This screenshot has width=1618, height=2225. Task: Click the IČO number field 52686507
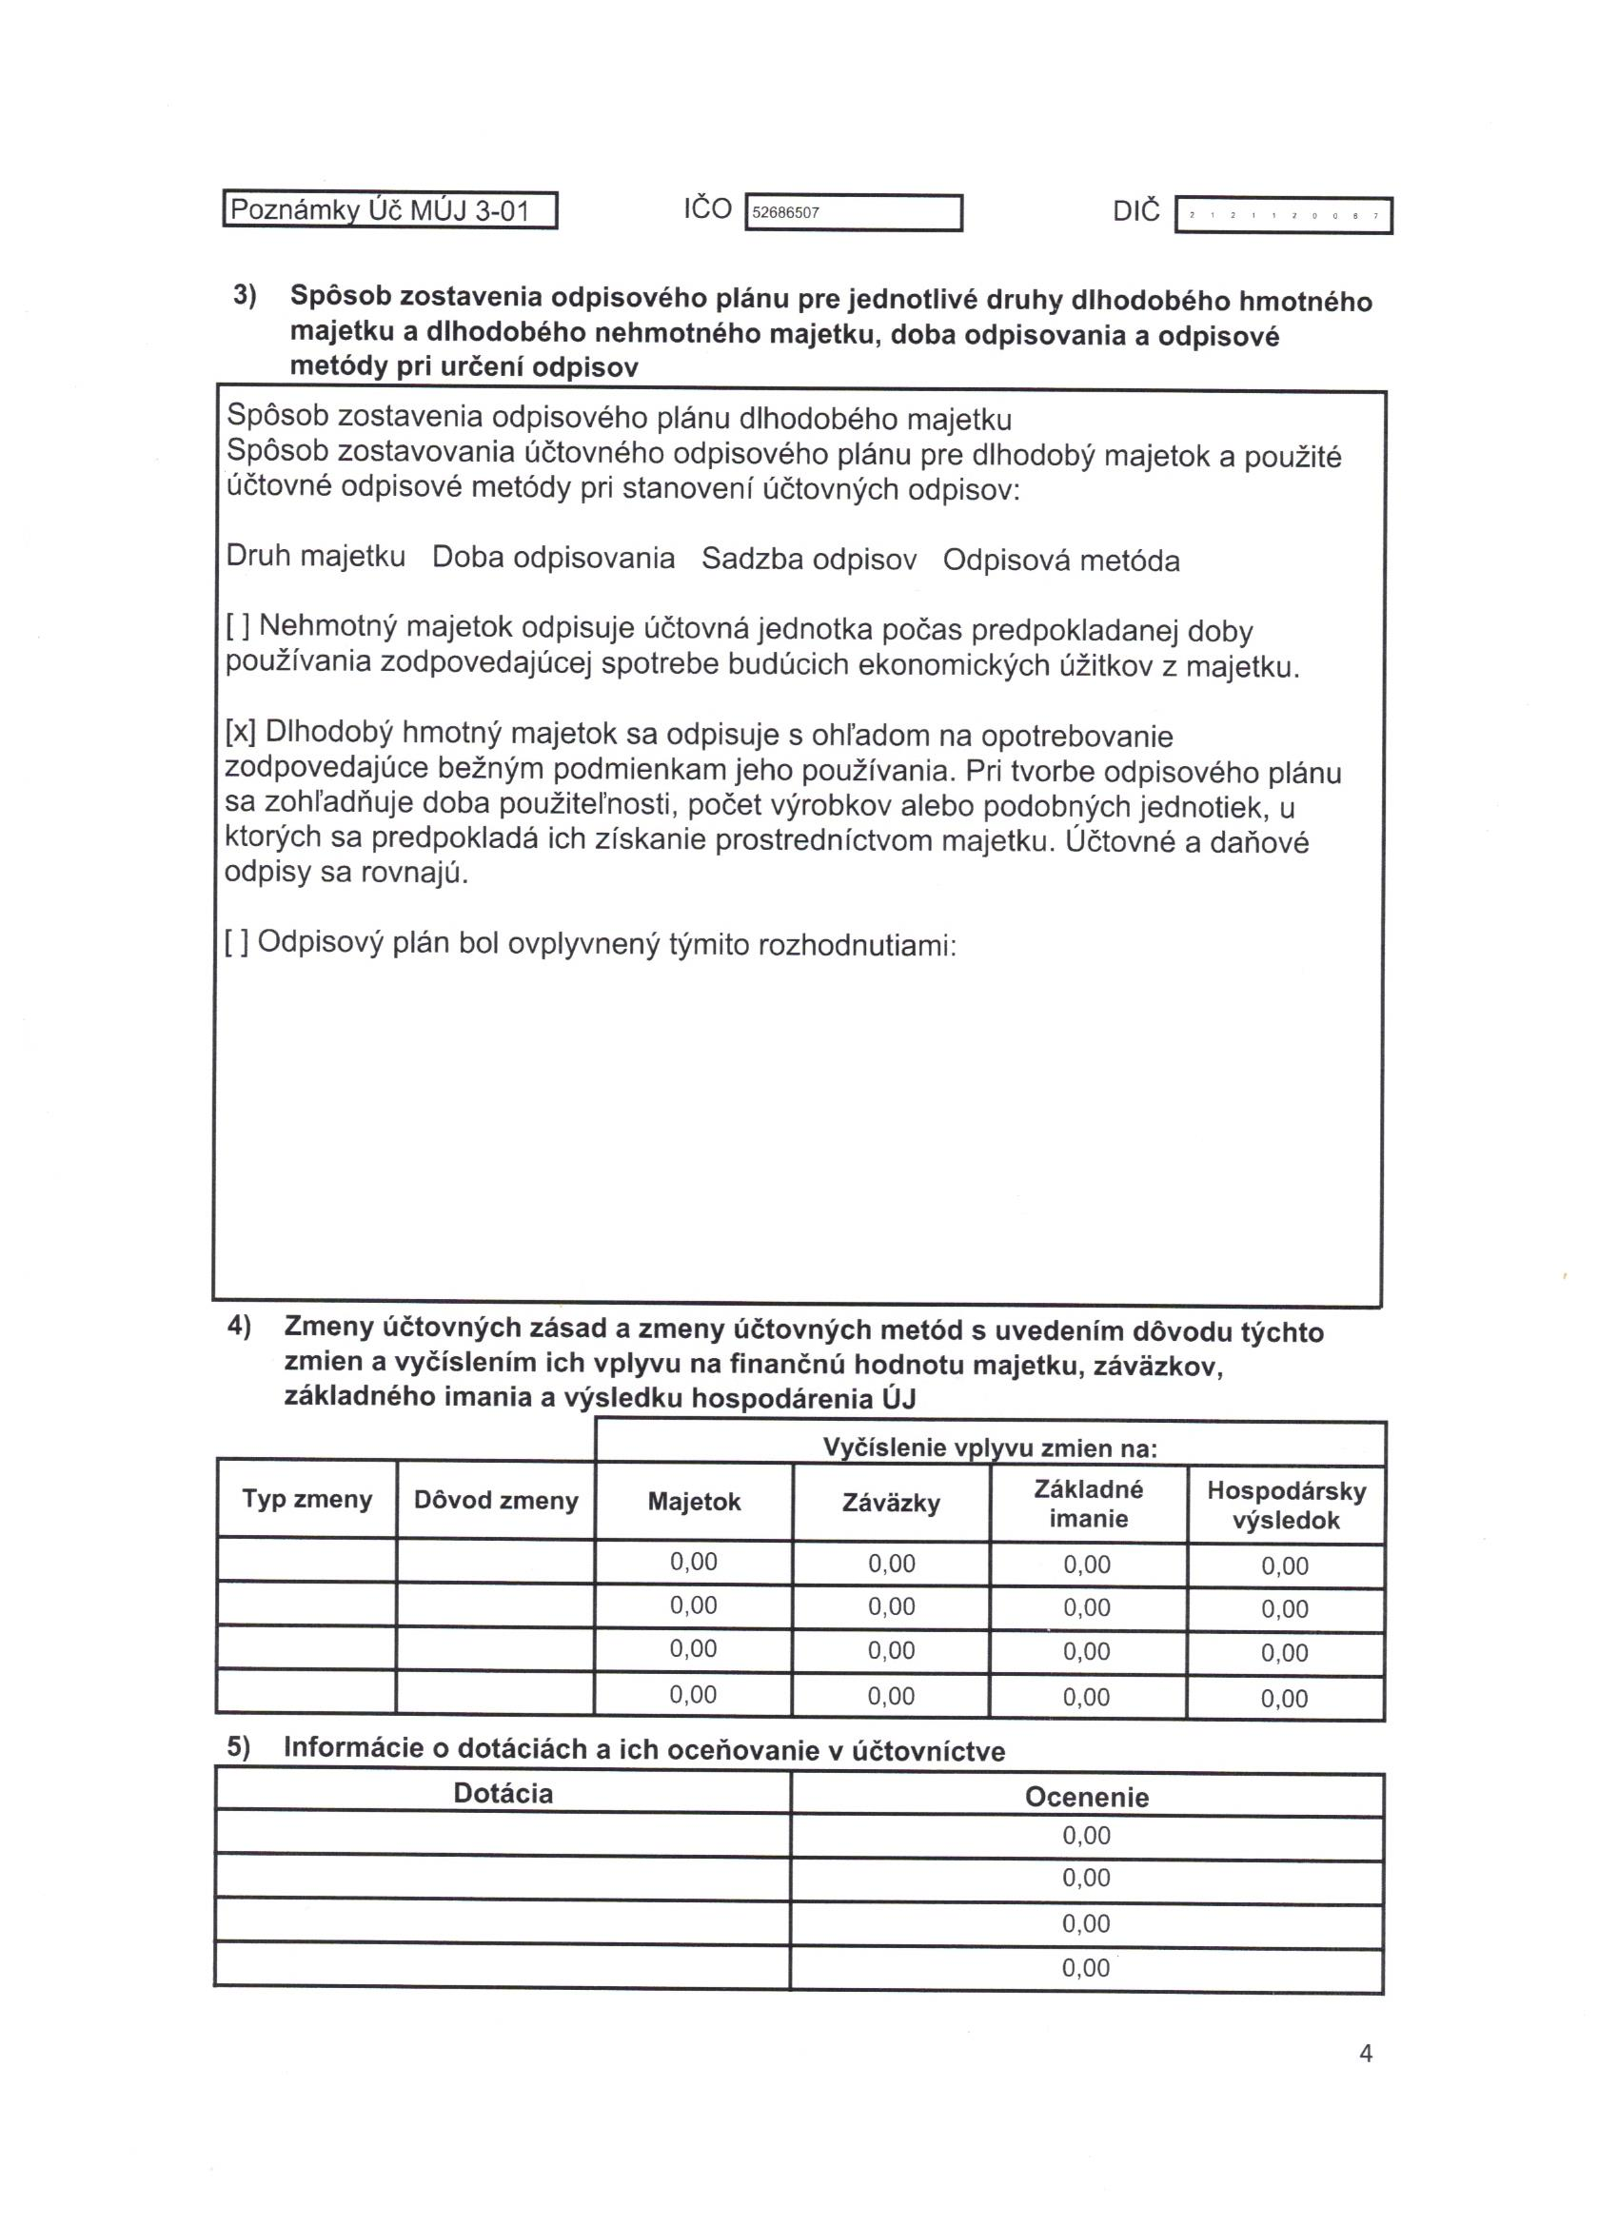(x=853, y=213)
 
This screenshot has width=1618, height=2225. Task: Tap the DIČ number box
(x=1282, y=215)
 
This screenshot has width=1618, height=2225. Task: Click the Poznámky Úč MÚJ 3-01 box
(x=389, y=210)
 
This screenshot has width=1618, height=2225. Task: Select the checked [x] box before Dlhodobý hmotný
(x=241, y=731)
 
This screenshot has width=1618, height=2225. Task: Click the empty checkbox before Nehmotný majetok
(x=239, y=625)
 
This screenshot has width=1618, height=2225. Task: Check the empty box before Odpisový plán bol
(x=236, y=942)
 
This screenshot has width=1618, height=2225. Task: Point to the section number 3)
(x=245, y=295)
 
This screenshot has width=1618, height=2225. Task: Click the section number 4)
(x=240, y=1327)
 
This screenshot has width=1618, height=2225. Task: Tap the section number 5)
(x=240, y=1746)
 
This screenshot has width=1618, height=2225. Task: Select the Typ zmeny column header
(x=307, y=1499)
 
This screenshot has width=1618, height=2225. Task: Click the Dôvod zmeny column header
(x=496, y=1500)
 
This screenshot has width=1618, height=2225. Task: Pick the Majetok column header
(x=694, y=1502)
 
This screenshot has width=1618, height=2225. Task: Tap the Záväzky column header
(x=891, y=1503)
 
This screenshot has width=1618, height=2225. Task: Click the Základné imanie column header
(x=1088, y=1504)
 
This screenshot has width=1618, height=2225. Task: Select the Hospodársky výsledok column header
(x=1286, y=1506)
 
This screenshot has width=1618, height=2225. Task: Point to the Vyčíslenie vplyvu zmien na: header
(x=990, y=1448)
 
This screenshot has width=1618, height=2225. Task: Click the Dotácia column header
(x=503, y=1793)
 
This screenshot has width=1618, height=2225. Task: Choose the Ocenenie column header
(x=1086, y=1797)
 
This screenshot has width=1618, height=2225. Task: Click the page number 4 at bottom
(x=1365, y=2053)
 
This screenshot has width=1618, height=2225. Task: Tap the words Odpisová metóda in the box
(x=1060, y=561)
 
